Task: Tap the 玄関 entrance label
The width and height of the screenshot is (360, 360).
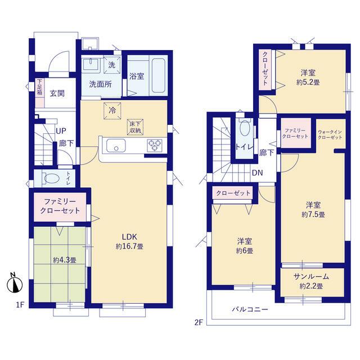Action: point(57,93)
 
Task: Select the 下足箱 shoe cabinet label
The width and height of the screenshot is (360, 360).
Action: point(40,87)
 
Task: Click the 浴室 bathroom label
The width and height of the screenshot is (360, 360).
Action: point(137,76)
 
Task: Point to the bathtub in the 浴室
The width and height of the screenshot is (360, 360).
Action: point(159,75)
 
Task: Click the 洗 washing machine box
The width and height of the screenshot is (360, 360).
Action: point(112,65)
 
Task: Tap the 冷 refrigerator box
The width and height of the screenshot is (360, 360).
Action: point(112,111)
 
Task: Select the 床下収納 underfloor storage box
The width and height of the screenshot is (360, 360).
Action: point(136,127)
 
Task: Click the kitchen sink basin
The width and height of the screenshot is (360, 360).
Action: point(116,146)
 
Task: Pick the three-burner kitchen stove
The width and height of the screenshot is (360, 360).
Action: point(155,146)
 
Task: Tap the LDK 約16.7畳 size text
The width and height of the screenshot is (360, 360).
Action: point(130,246)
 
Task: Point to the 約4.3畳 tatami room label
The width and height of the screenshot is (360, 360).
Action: point(65,260)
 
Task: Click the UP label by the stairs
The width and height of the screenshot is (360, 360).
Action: point(61,131)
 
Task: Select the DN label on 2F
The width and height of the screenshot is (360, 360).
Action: point(258,173)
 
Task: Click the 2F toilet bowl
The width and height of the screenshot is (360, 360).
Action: point(245,129)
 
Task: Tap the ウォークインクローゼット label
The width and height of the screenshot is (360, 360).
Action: point(330,134)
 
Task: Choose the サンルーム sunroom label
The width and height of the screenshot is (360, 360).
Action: point(311,277)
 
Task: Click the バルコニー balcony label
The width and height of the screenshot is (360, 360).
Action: point(250,309)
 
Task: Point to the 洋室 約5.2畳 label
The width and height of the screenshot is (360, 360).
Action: point(308,78)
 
